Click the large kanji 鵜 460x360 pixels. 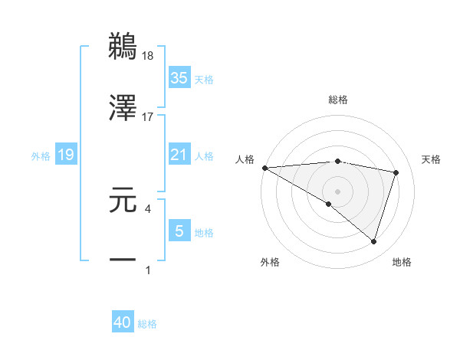123,46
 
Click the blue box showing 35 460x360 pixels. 179,77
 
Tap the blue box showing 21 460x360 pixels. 179,155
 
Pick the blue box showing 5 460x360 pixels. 179,231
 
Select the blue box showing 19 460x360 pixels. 66,155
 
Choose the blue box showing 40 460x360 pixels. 123,322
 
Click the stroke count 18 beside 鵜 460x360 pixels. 148,56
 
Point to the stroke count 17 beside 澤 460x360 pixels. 148,117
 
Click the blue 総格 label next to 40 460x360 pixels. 147,324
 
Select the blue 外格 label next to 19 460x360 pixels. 41,155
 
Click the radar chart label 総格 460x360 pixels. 337,100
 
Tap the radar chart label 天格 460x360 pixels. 432,159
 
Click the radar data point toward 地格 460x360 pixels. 373,241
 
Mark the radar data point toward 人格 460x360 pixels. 264,167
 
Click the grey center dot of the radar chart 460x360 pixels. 337,190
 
